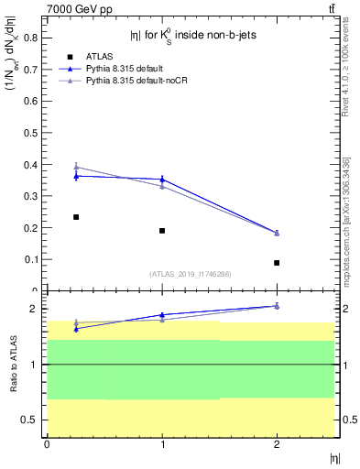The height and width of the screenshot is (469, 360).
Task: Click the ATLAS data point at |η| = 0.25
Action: coord(76,217)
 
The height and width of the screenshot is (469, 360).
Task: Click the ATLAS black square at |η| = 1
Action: coord(162,231)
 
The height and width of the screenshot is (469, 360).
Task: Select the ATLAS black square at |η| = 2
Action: coord(277,263)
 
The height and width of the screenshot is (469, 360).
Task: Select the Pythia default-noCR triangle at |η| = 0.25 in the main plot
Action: coord(76,168)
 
